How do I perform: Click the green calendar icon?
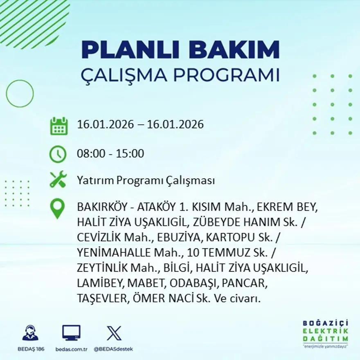[59, 126]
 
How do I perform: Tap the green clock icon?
[58, 154]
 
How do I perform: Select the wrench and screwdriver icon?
[58, 180]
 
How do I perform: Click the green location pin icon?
[57, 208]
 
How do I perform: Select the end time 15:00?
[131, 154]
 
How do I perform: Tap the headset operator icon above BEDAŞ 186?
[30, 333]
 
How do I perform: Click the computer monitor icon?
[71, 333]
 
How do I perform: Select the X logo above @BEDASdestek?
[113, 333]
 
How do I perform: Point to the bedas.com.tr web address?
[71, 349]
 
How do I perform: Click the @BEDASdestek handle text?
[113, 349]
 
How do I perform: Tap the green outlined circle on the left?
[20, 93]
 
